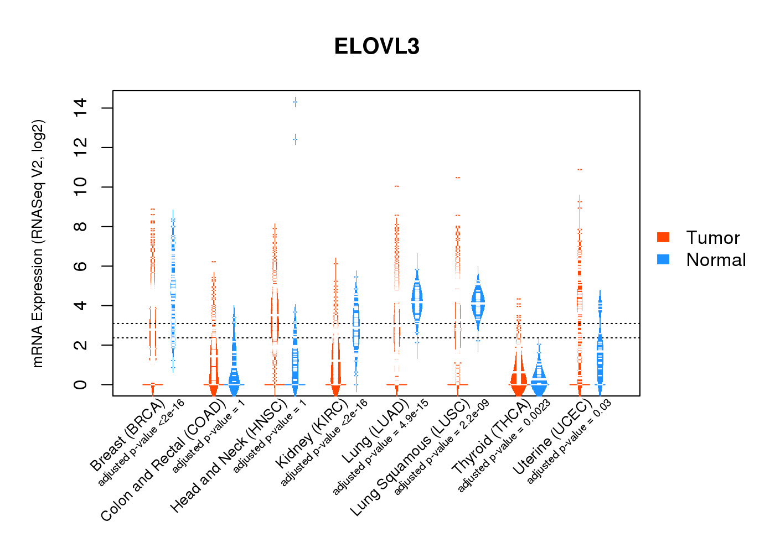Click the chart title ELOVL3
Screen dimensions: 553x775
377,46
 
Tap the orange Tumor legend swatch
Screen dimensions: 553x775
663,237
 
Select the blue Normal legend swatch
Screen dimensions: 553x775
663,259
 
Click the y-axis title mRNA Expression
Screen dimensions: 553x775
38,243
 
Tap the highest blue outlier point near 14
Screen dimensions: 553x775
295,102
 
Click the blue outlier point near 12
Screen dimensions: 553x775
295,139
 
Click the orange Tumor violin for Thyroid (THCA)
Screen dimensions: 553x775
519,376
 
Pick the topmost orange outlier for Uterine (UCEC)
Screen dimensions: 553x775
580,169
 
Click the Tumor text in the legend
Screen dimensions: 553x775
712,238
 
